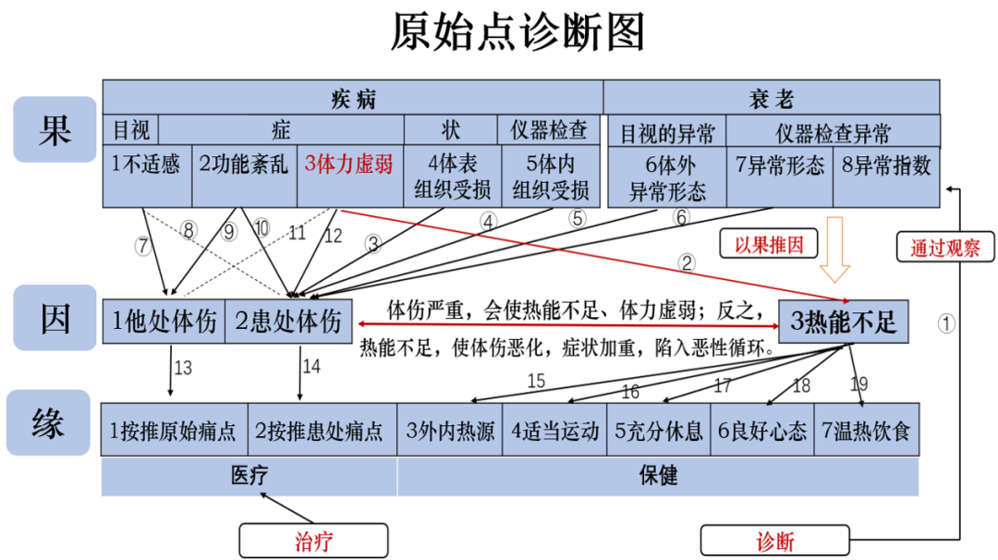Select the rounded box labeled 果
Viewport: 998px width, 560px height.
click(x=55, y=129)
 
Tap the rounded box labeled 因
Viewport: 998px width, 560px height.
click(x=55, y=318)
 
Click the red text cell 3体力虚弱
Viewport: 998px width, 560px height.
click(x=349, y=164)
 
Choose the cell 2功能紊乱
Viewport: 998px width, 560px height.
click(x=244, y=164)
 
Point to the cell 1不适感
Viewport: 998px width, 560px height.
click(x=146, y=164)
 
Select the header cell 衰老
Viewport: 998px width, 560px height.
click(x=771, y=98)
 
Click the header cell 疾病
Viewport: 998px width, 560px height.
click(x=353, y=98)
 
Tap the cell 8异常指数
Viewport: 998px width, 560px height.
click(x=886, y=166)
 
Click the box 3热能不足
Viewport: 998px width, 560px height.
click(x=843, y=323)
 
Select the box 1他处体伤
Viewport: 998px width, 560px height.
click(x=164, y=323)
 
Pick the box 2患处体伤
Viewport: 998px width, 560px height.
click(x=287, y=323)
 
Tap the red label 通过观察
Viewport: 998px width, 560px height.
click(x=944, y=249)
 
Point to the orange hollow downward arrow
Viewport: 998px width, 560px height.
click(x=836, y=249)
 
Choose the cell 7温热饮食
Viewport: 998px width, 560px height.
click(x=867, y=431)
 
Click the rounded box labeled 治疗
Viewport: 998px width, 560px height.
click(x=311, y=541)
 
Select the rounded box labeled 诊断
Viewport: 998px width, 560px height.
click(x=774, y=541)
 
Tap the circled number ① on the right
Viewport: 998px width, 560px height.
click(x=946, y=323)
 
